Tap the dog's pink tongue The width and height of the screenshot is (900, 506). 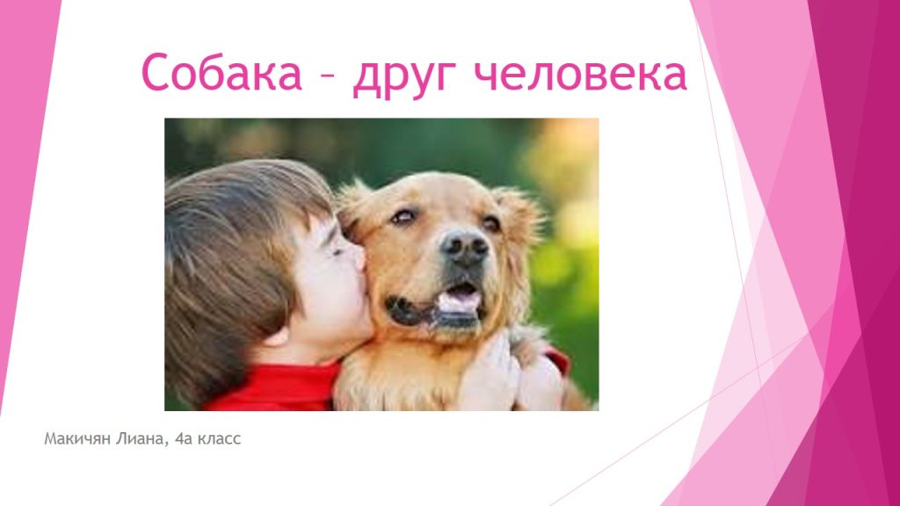tap(461, 301)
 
